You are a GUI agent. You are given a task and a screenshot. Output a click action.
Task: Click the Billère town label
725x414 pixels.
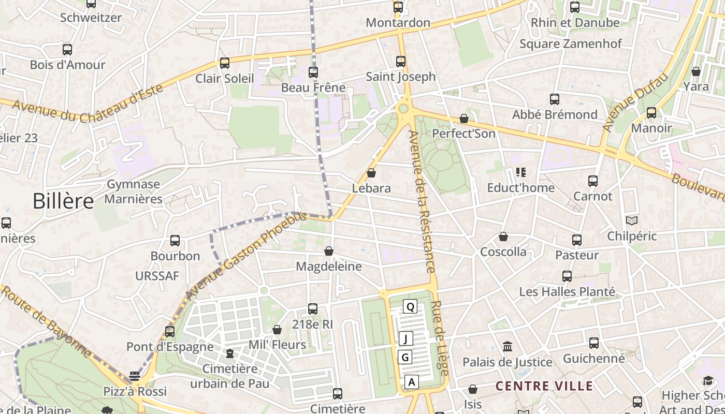point(63,201)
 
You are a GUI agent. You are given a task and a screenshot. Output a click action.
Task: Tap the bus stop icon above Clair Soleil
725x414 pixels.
point(225,63)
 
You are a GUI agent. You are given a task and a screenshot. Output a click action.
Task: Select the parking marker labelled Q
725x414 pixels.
point(410,307)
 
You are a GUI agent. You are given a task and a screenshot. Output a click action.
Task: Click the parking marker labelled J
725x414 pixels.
point(406,339)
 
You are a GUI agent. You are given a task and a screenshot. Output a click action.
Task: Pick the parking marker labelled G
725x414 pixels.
point(405,357)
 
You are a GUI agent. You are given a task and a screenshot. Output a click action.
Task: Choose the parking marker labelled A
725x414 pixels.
point(412,382)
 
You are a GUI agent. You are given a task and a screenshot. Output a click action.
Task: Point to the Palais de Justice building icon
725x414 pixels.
point(508,346)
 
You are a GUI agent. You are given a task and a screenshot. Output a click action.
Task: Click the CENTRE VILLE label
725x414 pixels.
point(544,386)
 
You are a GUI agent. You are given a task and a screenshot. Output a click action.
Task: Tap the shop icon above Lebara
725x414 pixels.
point(371,173)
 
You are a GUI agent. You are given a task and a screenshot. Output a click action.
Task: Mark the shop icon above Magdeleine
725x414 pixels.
point(329,252)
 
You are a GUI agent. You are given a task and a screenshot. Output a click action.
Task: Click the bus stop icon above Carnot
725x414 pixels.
point(593,181)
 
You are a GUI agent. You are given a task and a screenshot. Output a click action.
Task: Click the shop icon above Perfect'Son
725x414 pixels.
point(464,119)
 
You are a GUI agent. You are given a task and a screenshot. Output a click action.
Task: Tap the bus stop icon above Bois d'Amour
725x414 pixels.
point(67,50)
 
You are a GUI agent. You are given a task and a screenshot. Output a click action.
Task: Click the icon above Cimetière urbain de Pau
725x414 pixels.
point(230,353)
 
